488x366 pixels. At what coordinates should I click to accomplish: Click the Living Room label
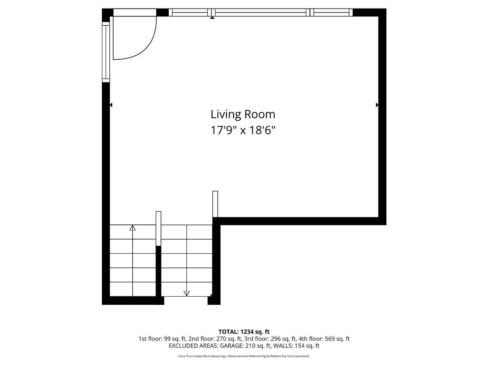(x=243, y=114)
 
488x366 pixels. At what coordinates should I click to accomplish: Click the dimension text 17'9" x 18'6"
(x=243, y=130)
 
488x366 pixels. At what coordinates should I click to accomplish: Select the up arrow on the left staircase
(x=133, y=228)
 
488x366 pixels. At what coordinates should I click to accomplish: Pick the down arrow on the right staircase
(x=187, y=293)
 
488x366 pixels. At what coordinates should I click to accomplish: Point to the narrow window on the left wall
(x=106, y=52)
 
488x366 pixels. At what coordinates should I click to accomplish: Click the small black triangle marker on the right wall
(x=377, y=105)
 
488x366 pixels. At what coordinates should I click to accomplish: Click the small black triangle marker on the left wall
(x=111, y=105)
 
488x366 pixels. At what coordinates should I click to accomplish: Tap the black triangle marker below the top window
(x=212, y=18)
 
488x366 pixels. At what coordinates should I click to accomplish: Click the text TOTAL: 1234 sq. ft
(x=244, y=332)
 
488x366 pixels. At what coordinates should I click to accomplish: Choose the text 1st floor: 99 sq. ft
(x=162, y=339)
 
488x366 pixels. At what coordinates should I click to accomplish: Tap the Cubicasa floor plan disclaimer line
(x=244, y=356)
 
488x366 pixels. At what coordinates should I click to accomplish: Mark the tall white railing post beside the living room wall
(x=215, y=204)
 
